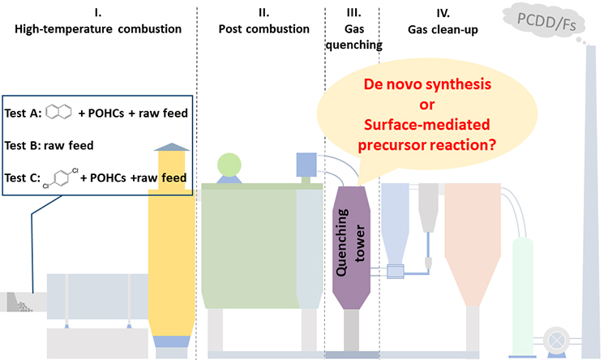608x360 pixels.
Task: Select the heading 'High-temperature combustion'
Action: (97, 28)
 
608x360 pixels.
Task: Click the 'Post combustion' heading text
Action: (263, 28)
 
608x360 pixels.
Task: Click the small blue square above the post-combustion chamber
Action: (307, 165)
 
